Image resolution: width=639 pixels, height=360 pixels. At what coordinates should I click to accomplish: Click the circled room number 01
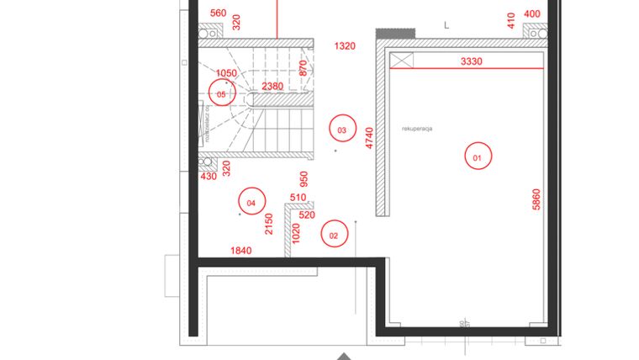(477, 157)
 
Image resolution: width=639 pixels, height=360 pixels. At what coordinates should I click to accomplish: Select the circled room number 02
(334, 236)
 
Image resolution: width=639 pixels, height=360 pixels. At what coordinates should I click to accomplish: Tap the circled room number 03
(341, 130)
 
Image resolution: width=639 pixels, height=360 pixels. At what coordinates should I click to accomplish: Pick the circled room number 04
(251, 203)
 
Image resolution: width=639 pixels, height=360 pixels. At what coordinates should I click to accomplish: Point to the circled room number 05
(221, 95)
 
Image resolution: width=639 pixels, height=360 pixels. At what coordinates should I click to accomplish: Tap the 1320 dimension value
(345, 46)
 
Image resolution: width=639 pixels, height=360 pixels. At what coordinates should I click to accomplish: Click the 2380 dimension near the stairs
(272, 87)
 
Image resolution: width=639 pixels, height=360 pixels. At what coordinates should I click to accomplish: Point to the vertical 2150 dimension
(269, 224)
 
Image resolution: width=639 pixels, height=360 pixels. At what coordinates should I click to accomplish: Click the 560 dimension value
(218, 13)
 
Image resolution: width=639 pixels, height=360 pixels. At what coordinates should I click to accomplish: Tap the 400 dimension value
(532, 13)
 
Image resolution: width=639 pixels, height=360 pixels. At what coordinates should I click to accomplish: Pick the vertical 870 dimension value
(303, 68)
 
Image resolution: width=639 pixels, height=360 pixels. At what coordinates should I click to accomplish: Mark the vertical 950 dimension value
(304, 180)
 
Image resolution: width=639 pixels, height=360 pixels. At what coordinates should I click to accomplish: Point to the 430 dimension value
(209, 177)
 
